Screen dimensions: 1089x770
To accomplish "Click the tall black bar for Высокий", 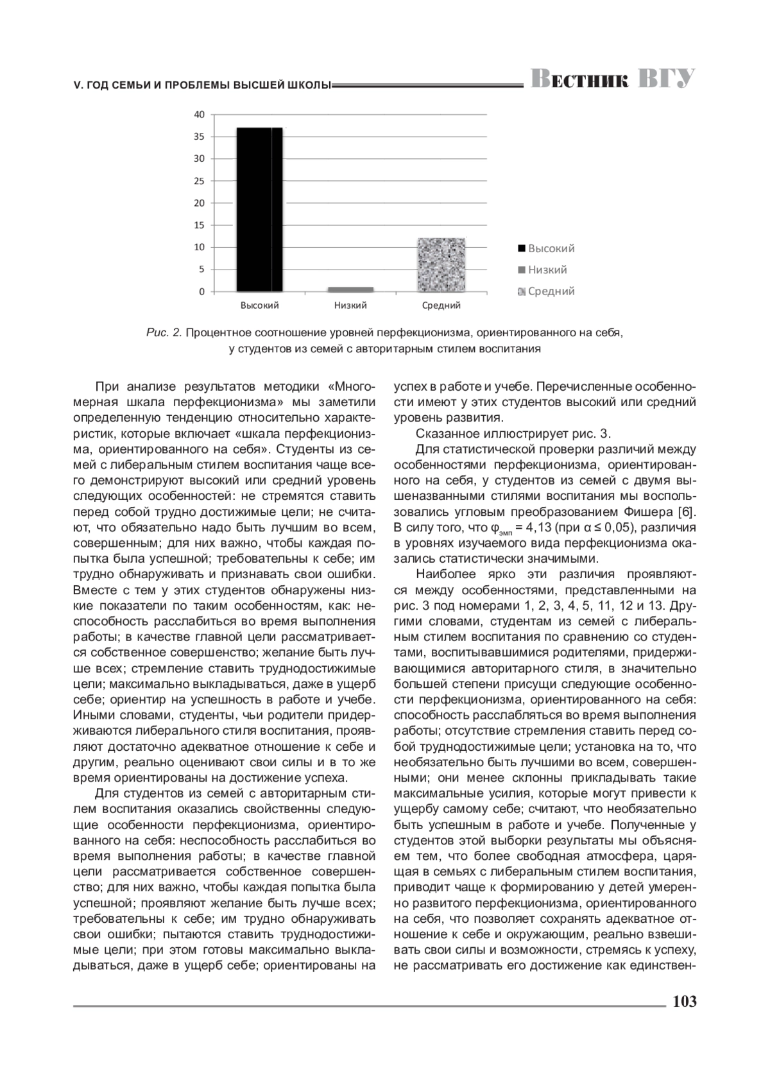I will pos(259,209).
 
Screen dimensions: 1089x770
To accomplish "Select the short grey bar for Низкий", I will pos(350,289).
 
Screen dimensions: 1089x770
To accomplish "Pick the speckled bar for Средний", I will pos(441,264).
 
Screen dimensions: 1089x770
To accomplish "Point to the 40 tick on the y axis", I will pos(200,115).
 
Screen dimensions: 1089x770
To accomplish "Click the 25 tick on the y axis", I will pos(200,181).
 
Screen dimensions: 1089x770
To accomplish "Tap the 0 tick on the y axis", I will pos(202,292).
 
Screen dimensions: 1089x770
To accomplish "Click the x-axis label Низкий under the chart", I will pos(350,305).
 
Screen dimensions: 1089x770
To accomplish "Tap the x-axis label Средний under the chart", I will pos(441,305).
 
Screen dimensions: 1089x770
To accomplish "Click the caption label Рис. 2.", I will pos(164,333).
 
